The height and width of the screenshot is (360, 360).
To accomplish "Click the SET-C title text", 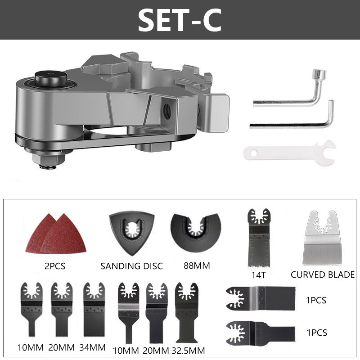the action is point(180,20).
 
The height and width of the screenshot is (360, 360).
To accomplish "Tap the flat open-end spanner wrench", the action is point(290,153).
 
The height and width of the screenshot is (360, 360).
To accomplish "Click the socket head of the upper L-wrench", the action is point(319,76).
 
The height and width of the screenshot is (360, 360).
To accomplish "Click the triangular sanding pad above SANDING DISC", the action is point(132,232).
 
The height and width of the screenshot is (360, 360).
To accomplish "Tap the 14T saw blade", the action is point(259,238).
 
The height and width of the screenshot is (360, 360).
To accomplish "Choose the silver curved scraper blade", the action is point(322,238).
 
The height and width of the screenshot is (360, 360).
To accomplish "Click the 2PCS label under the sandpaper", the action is point(55,266).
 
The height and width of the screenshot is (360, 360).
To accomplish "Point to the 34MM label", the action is point(93,347).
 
